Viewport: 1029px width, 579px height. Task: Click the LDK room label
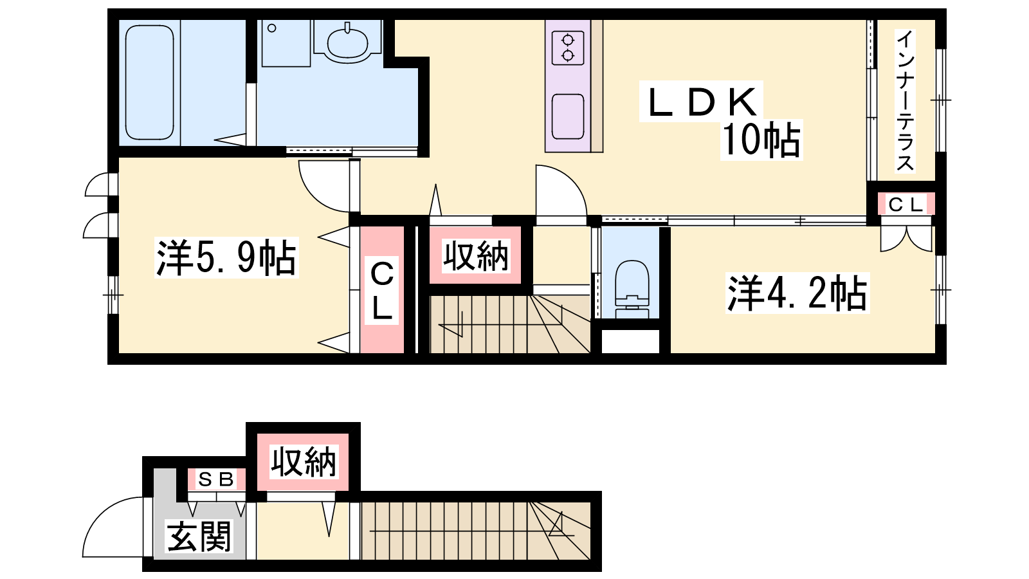tap(702, 102)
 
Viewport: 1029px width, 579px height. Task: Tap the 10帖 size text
tap(761, 140)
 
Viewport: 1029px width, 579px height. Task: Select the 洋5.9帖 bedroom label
tap(226, 258)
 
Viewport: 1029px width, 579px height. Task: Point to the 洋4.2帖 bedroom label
tap(797, 293)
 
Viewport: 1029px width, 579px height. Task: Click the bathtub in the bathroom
tap(149, 82)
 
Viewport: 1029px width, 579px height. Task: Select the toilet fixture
tap(632, 289)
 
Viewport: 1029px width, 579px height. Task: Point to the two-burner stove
tap(568, 48)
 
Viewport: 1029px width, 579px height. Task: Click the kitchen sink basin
tap(568, 116)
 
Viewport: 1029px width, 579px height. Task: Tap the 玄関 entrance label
tap(199, 537)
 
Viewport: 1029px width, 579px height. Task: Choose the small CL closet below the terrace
tap(906, 205)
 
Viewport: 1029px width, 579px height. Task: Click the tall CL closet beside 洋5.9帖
tap(382, 290)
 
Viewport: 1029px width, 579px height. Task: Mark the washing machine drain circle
tap(272, 28)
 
